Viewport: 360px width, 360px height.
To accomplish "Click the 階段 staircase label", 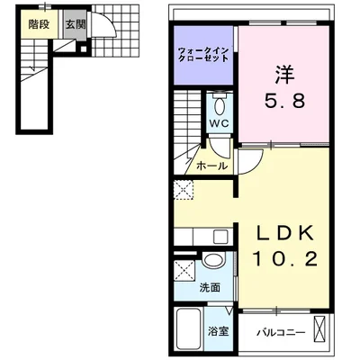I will point(37,25).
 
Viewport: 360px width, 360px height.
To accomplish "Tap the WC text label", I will point(219,123).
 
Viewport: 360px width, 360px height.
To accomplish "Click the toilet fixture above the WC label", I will point(219,101).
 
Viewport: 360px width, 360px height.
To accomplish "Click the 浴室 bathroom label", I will point(218,331).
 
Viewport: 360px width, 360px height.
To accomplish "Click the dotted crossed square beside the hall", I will point(184,190).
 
